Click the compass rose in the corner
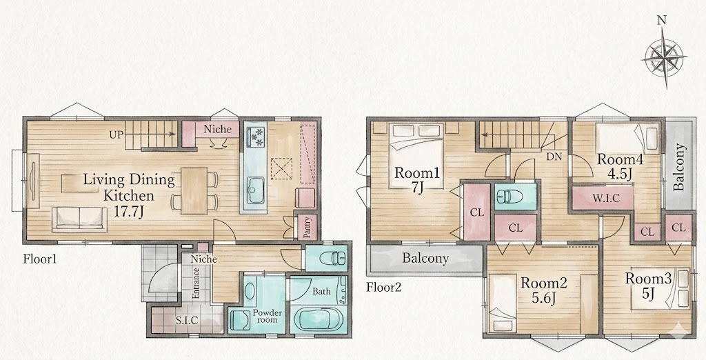[x=664, y=57]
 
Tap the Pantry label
[x=307, y=228]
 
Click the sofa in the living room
[x=79, y=219]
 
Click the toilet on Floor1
[x=332, y=259]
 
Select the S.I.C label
[x=188, y=321]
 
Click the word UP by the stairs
[x=116, y=134]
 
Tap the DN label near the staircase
[x=553, y=157]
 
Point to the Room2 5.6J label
[x=544, y=290]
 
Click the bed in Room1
[x=416, y=155]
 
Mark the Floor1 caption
[x=40, y=259]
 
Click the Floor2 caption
[x=383, y=287]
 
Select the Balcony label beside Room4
[x=680, y=167]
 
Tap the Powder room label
[x=268, y=317]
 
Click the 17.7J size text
[x=128, y=212]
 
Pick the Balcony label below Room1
[x=425, y=259]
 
